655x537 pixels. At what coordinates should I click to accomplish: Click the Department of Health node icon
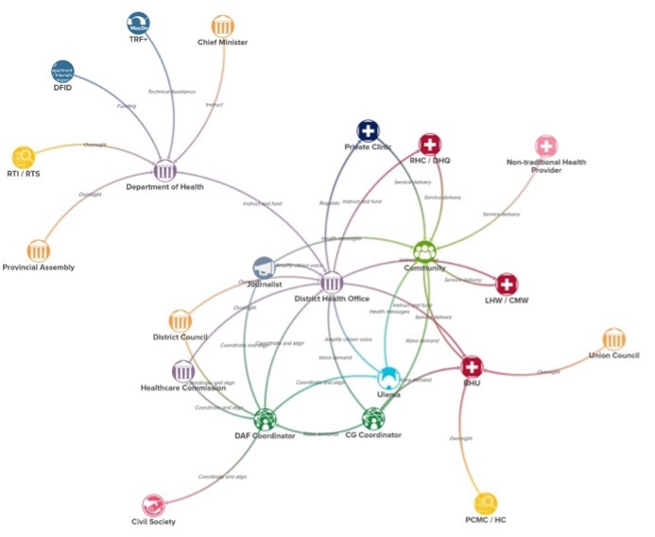pyautogui.click(x=166, y=170)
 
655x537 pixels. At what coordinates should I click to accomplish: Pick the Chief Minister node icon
pyautogui.click(x=223, y=26)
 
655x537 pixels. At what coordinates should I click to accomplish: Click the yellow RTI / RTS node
pyautogui.click(x=23, y=156)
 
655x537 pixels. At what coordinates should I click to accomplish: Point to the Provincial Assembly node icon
pyautogui.click(x=38, y=251)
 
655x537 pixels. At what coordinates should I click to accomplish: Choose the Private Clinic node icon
pyautogui.click(x=368, y=131)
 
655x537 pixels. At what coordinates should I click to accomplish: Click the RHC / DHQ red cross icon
pyautogui.click(x=430, y=145)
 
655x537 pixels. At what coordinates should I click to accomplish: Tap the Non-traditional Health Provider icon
pyautogui.click(x=546, y=146)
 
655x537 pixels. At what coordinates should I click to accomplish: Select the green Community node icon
pyautogui.click(x=424, y=251)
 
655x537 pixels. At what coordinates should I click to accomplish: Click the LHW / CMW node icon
pyautogui.click(x=507, y=284)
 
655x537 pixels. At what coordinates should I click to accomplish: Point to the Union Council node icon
pyautogui.click(x=613, y=339)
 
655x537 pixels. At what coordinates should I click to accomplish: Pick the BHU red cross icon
pyautogui.click(x=472, y=367)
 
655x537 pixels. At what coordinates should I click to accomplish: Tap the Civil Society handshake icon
pyautogui.click(x=153, y=506)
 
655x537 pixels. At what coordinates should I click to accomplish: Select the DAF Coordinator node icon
pyautogui.click(x=265, y=419)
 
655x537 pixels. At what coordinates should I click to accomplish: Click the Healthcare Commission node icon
pyautogui.click(x=181, y=371)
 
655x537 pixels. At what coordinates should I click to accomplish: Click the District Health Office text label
pyautogui.click(x=333, y=299)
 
